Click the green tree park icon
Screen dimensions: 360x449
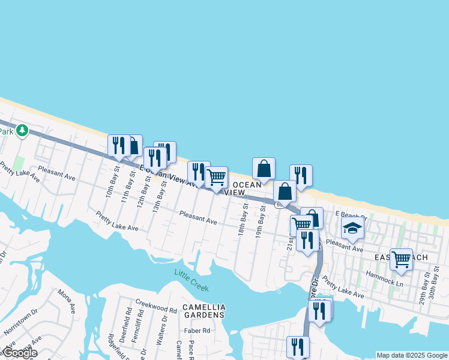pos(22,130)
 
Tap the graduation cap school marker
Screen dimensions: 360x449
pos(352,228)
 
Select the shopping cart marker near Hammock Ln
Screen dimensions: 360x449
pos(401,259)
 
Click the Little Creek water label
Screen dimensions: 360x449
pos(191,280)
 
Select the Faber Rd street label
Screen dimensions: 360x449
pos(197,330)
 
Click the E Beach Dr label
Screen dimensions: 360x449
pos(350,214)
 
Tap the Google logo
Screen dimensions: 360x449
pos(19,353)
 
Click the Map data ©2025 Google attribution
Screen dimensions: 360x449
pos(412,355)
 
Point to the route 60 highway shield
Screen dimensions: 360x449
pos(279,205)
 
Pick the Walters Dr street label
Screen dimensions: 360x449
pos(161,334)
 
